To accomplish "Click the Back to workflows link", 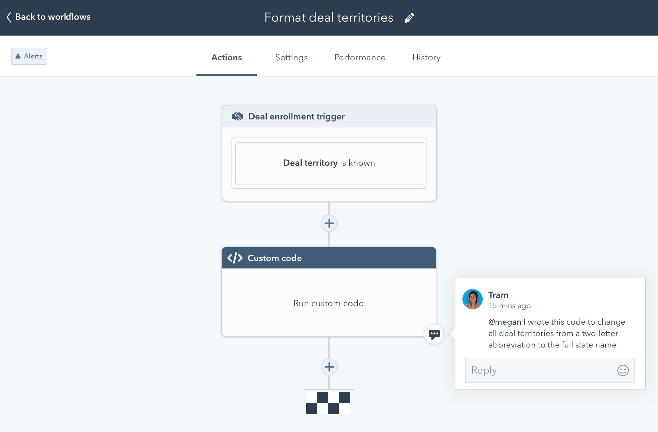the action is click(x=49, y=17).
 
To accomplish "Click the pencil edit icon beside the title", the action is click(x=409, y=18).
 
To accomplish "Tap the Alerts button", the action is click(x=29, y=56).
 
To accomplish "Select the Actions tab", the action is click(x=226, y=57).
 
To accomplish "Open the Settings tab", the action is click(x=291, y=57).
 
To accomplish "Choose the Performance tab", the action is click(x=360, y=57).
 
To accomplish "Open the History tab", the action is click(x=426, y=57).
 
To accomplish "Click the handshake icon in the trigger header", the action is click(x=237, y=116).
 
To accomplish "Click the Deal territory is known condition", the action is click(x=329, y=163).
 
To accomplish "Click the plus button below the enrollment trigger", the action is click(x=329, y=223).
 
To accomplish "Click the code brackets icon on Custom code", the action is click(x=235, y=258).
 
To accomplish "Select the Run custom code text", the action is click(x=328, y=303).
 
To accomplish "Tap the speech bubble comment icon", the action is click(x=434, y=334).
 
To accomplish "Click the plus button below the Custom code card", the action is click(x=329, y=367).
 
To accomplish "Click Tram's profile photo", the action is click(x=472, y=299).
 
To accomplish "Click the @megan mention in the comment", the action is click(x=505, y=322).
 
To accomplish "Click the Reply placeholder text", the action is click(x=484, y=370).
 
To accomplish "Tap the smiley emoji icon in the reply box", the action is click(x=623, y=370).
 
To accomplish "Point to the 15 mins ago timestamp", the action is click(x=510, y=306).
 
